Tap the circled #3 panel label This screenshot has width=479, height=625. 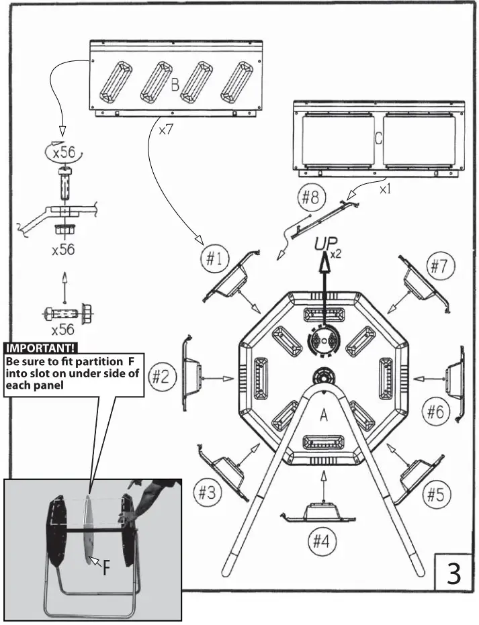pos(207,493)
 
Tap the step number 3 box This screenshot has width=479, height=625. pos(454,575)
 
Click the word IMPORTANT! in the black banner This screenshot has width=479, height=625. pos(41,348)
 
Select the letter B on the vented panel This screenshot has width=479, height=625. pos(175,85)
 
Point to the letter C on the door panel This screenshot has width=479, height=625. pos(378,140)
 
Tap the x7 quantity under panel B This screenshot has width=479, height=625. pos(166,130)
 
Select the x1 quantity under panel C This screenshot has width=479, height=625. pos(384,190)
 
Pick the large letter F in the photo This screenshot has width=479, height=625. pos(107,569)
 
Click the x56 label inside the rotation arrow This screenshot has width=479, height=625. pos(64,152)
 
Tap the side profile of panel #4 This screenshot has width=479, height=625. pos(323,513)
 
